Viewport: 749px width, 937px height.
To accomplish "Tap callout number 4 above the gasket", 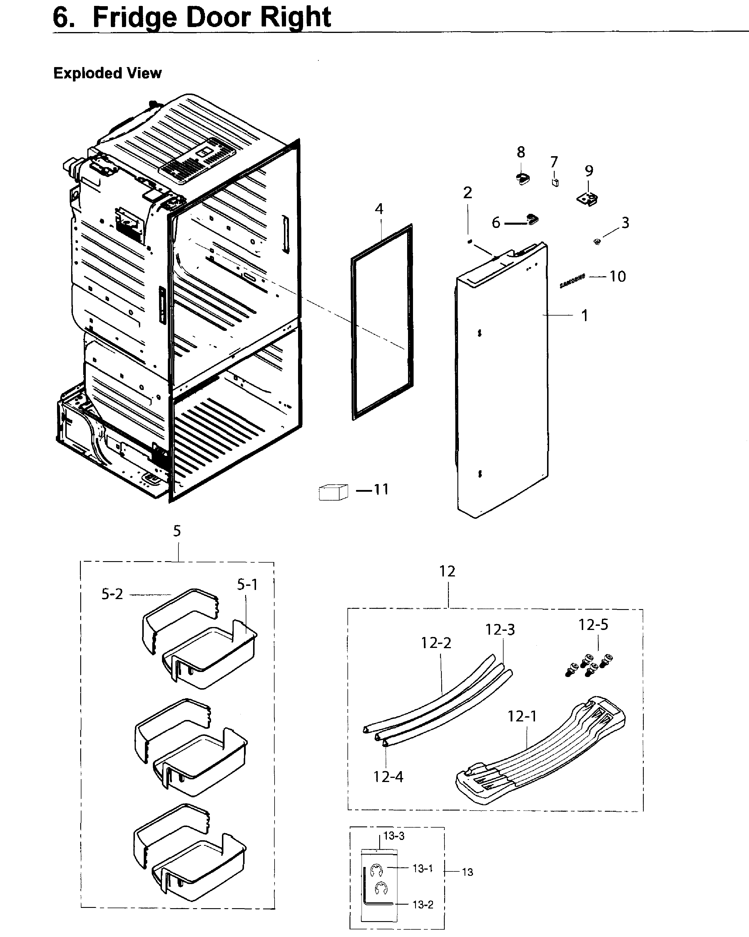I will pos(379,209).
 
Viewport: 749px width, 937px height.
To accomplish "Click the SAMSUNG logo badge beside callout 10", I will pos(572,281).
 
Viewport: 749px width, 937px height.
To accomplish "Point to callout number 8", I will pos(521,152).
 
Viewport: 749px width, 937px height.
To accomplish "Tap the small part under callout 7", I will pos(555,182).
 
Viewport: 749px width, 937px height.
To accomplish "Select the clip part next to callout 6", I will pos(532,219).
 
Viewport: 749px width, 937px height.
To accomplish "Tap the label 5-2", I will pos(112,594).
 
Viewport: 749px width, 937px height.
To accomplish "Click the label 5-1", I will pos(247,585).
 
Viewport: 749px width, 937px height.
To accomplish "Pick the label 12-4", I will pos(388,777).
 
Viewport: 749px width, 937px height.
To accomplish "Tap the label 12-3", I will pos(500,630).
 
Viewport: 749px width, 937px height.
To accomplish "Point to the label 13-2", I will pos(423,904).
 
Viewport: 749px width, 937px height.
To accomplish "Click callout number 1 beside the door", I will pos(585,316).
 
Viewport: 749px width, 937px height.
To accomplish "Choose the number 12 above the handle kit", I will pos(447,571).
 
